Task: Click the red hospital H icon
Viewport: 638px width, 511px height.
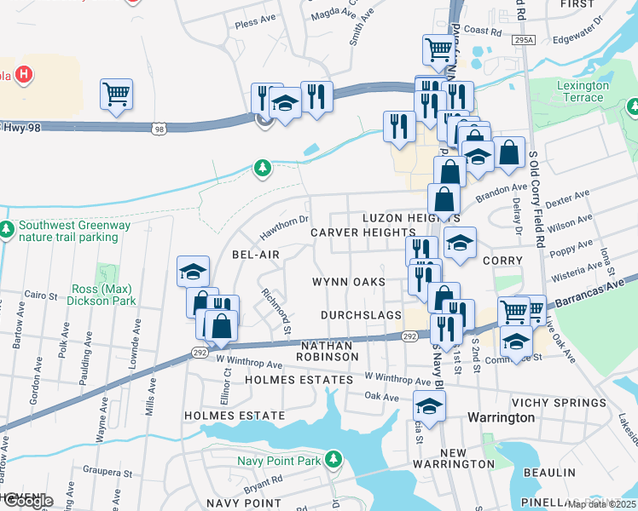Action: coord(25,74)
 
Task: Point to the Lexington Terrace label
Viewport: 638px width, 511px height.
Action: coord(583,91)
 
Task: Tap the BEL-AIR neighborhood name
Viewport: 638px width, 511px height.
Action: coord(256,255)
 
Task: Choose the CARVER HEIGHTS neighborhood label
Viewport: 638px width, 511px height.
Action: coord(362,233)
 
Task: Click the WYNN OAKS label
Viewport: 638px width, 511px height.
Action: coord(348,282)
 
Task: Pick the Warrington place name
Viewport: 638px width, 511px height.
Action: coord(502,418)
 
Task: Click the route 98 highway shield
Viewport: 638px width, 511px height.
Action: coord(159,129)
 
